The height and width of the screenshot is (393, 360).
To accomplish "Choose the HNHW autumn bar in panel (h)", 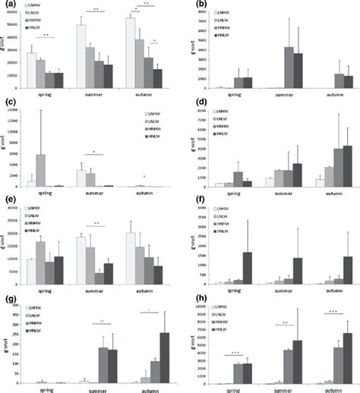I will (x=338, y=365).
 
